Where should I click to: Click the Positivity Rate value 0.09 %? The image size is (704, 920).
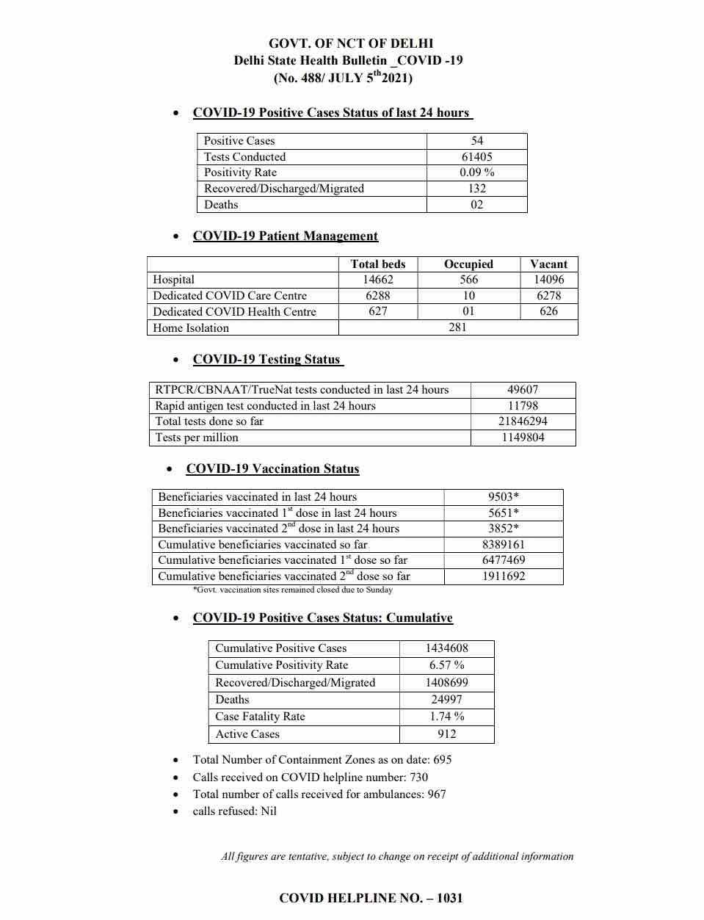[476, 173]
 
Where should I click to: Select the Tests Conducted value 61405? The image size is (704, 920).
[476, 156]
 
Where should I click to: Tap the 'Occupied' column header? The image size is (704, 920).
[468, 264]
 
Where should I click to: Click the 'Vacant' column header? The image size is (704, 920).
[548, 264]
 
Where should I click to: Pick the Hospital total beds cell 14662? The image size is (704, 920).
[378, 280]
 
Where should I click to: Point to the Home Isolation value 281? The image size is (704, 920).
[457, 327]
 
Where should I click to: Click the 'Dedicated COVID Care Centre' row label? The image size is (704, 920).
[230, 296]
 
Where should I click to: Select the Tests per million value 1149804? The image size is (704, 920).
[523, 438]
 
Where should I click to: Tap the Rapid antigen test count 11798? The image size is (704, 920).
[523, 406]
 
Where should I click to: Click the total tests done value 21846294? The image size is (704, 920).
[523, 421]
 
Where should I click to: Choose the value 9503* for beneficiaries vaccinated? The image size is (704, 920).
[504, 497]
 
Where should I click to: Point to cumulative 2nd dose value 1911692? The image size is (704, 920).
[504, 576]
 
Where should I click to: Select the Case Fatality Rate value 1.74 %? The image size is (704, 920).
[446, 717]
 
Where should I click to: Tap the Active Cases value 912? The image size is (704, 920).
[446, 734]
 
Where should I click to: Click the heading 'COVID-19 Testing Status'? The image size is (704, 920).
[267, 359]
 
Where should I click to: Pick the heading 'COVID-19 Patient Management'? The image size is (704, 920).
[285, 236]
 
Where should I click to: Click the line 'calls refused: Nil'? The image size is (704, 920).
[234, 811]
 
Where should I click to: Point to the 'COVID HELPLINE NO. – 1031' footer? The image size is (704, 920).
[371, 898]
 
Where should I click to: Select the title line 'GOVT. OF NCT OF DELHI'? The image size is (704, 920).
[351, 43]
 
